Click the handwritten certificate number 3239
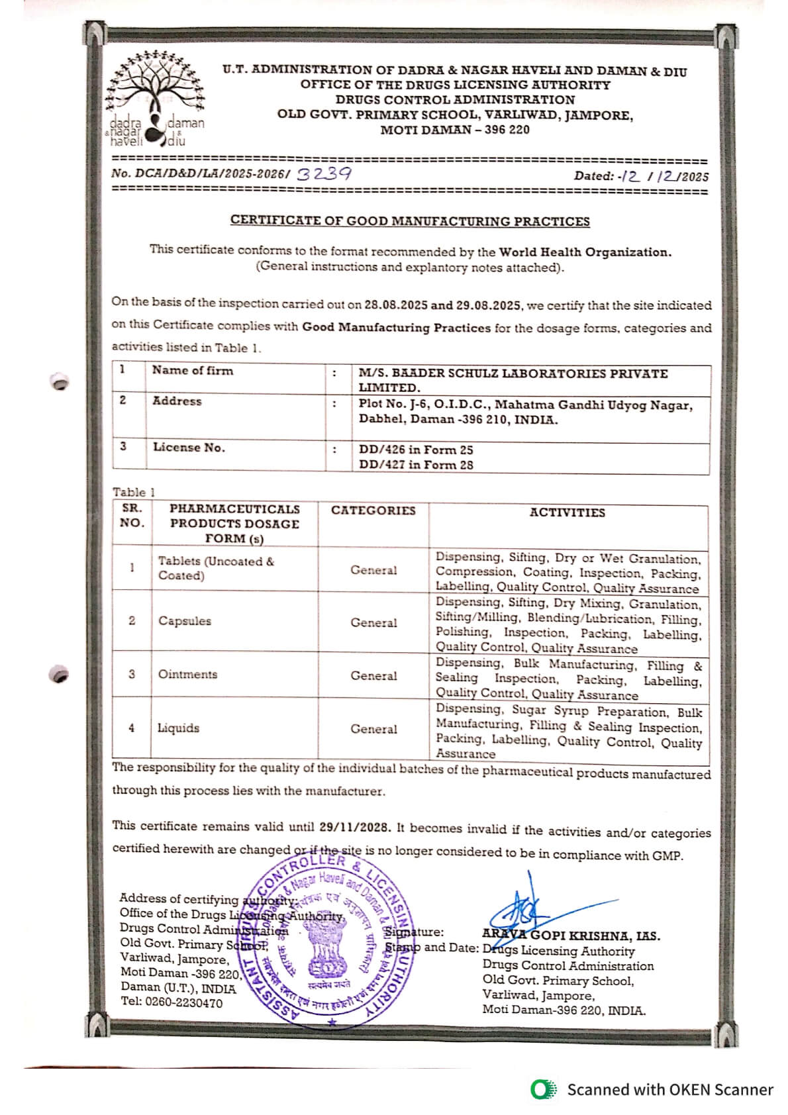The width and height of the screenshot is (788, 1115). click(324, 174)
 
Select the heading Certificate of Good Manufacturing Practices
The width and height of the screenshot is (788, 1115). click(410, 220)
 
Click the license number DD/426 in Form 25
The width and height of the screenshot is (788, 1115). click(416, 450)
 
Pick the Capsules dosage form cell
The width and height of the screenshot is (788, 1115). click(185, 621)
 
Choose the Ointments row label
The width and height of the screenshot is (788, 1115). click(187, 674)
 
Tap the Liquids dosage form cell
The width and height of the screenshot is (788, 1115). click(178, 728)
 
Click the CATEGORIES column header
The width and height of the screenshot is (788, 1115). click(373, 510)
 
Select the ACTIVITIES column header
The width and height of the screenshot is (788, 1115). click(567, 512)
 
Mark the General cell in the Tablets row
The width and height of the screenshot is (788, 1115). click(373, 570)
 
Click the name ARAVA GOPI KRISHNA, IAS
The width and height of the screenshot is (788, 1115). click(571, 936)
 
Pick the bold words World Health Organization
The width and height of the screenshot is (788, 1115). click(585, 252)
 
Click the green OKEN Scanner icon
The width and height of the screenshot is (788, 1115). click(544, 1089)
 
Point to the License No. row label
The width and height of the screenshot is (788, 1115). click(189, 447)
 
